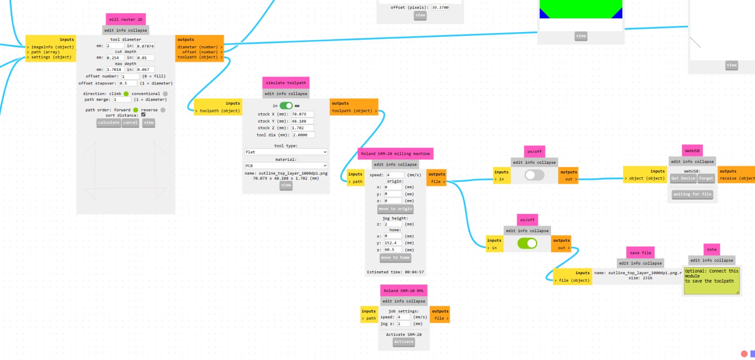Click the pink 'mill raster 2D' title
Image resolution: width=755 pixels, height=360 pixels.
click(x=126, y=19)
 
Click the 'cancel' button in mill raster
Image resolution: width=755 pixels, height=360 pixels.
click(x=130, y=123)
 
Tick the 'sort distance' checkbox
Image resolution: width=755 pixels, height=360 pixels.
click(x=143, y=115)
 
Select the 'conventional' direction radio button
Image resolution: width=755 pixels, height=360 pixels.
click(x=165, y=94)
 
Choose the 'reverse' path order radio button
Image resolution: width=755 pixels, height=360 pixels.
click(x=163, y=110)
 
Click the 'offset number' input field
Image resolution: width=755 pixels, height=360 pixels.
click(x=129, y=76)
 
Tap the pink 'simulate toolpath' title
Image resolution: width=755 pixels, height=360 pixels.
click(x=285, y=83)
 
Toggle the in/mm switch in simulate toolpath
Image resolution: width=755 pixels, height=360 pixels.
click(x=286, y=106)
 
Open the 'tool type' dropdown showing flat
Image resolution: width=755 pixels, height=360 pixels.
click(x=286, y=152)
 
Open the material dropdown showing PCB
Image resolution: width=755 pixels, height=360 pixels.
click(x=286, y=166)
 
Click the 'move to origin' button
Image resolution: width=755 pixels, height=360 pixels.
click(x=395, y=209)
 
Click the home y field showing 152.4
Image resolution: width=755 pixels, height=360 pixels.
click(x=393, y=243)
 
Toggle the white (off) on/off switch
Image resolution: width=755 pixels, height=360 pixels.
click(x=534, y=175)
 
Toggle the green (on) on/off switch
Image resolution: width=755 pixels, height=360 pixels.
click(x=527, y=243)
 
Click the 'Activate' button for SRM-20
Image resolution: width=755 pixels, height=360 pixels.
click(x=403, y=342)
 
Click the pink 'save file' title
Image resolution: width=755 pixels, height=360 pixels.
click(x=640, y=253)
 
